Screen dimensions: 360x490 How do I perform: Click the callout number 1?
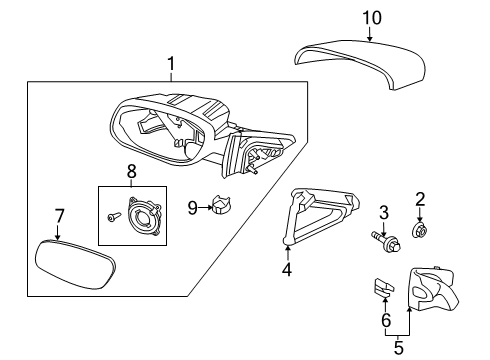point(171,66)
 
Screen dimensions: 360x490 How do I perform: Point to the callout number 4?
point(286,269)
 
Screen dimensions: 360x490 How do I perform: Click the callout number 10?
point(371,17)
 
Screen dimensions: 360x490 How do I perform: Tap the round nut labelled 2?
point(421,232)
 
